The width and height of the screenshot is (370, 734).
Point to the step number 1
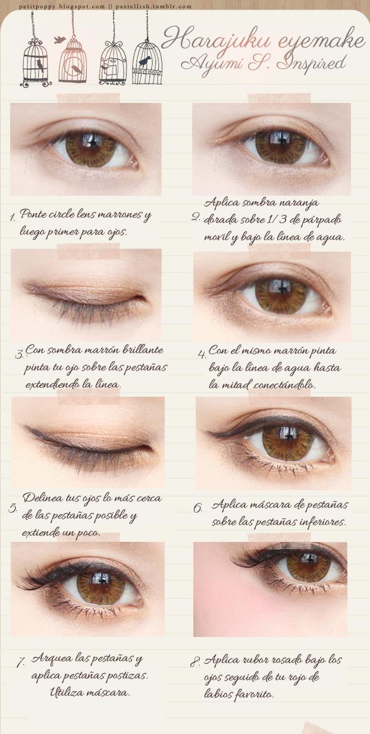tap(12, 218)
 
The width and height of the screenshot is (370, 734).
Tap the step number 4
tap(202, 354)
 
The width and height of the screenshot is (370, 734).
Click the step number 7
tap(20, 662)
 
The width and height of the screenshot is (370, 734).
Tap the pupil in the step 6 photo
tap(289, 438)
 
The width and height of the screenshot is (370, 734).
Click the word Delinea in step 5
tap(41, 498)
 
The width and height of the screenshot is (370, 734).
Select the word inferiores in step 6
tap(322, 522)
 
